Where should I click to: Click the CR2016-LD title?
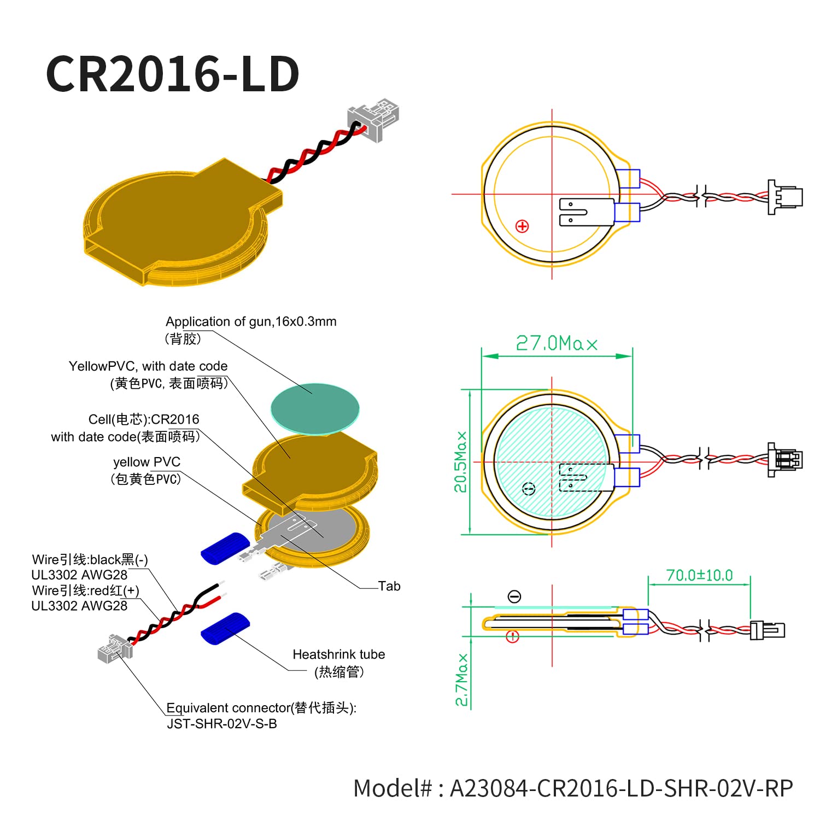[x=173, y=74]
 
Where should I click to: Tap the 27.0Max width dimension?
[x=557, y=343]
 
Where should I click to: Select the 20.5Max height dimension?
[x=461, y=462]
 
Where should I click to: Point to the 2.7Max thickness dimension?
[x=462, y=680]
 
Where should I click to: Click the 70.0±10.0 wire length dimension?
[x=699, y=575]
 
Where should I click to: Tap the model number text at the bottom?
[x=573, y=788]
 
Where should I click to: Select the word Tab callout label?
[x=389, y=586]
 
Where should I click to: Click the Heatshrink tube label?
[x=339, y=654]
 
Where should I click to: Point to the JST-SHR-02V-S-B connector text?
[x=222, y=724]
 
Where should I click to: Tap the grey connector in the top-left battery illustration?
[x=373, y=119]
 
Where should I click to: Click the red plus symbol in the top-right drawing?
[x=523, y=226]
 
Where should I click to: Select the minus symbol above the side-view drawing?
[x=514, y=596]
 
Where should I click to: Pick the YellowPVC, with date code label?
[x=148, y=366]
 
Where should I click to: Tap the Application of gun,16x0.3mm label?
[x=251, y=321]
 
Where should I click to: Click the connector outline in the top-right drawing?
[x=786, y=197]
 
